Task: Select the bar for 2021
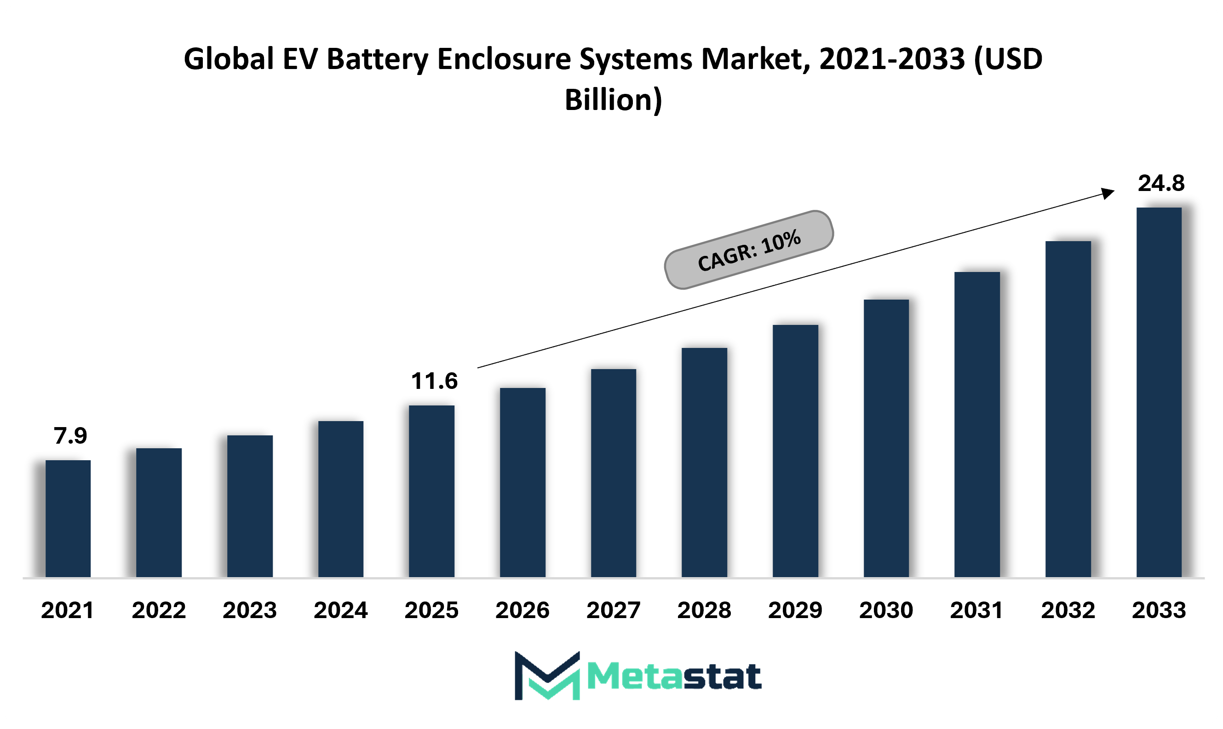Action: (68, 519)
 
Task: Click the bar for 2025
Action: (431, 491)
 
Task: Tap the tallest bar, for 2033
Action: (1159, 393)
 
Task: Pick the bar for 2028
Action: (705, 463)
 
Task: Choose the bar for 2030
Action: (886, 439)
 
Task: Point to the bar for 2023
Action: (250, 506)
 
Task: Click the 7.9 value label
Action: (70, 436)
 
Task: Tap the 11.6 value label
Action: (435, 381)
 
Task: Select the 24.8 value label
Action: (1162, 183)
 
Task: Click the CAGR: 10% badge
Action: (749, 250)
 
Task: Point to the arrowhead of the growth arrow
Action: (1108, 192)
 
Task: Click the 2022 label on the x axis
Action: (159, 611)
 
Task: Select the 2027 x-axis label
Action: (614, 611)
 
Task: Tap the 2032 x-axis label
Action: (1068, 611)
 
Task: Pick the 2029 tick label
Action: (795, 611)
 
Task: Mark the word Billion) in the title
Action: (614, 100)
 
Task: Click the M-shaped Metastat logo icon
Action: (547, 676)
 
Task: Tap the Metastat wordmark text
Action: (675, 677)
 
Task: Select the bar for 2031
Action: (977, 425)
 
